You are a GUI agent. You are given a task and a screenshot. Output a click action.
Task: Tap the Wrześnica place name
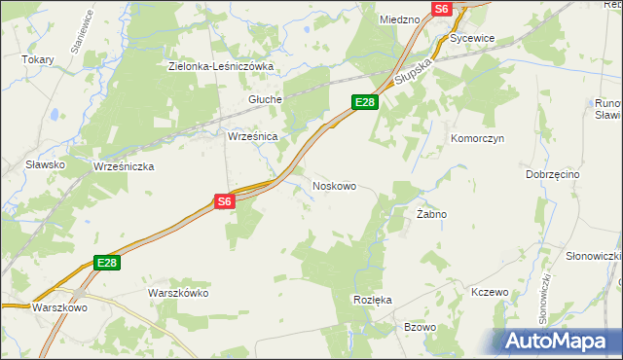pyautogui.click(x=253, y=137)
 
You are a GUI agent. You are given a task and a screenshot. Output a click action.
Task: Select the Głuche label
pyautogui.click(x=265, y=99)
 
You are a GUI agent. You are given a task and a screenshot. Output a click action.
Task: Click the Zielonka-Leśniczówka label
pyautogui.click(x=221, y=66)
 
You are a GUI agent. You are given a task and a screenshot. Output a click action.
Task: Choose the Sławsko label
pyautogui.click(x=46, y=164)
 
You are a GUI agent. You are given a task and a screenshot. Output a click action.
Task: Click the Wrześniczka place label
pyautogui.click(x=124, y=166)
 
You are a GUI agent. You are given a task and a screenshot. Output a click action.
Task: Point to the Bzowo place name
pyautogui.click(x=420, y=327)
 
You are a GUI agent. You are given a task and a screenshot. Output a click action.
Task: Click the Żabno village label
pyautogui.click(x=431, y=213)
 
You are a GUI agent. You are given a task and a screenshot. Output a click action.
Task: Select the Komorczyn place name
pyautogui.click(x=476, y=139)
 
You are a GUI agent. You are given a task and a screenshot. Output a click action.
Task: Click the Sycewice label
pyautogui.click(x=473, y=38)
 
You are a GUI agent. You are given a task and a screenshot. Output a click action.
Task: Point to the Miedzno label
pyautogui.click(x=399, y=18)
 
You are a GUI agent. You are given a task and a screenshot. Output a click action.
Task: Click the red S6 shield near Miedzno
pyautogui.click(x=443, y=8)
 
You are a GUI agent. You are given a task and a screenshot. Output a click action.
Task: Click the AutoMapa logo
pyautogui.click(x=558, y=341)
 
